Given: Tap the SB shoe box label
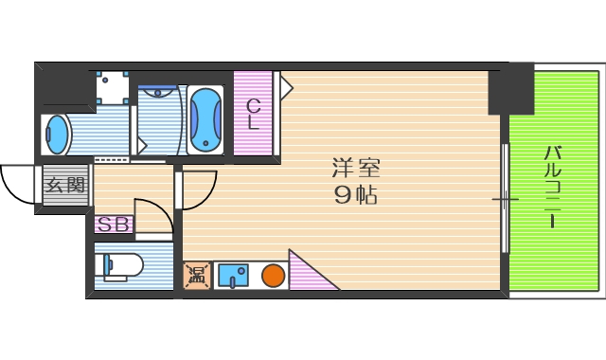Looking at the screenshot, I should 115,225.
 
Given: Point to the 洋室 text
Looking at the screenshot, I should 355,171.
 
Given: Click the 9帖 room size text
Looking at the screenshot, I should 355,197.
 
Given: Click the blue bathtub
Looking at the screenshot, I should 205,119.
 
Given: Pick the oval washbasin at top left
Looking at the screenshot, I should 58,135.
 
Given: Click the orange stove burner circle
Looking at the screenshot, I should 274,276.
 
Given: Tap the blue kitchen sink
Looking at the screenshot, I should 232,276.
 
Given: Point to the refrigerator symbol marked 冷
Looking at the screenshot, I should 198,276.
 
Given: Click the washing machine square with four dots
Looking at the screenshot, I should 112,87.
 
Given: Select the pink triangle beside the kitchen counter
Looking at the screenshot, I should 307,275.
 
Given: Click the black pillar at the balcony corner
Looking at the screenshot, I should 510,89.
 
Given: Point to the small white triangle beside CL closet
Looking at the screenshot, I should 286,86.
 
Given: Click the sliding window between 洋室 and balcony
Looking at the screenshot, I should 505,200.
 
